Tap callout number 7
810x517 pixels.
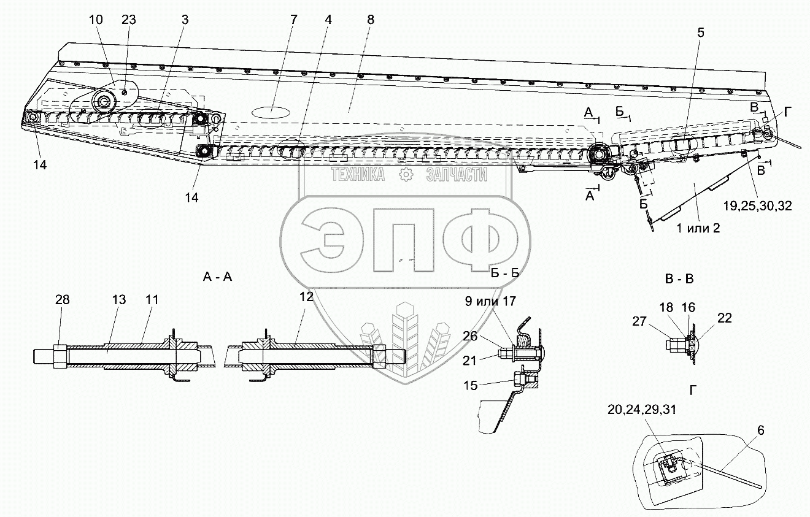[x=293, y=19]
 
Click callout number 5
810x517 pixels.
[x=700, y=52]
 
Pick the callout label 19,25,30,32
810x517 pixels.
[x=757, y=207]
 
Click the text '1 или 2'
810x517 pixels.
[x=698, y=228]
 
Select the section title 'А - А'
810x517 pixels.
[x=217, y=277]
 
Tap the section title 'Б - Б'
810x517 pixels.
[x=504, y=273]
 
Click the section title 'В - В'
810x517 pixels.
[x=679, y=278]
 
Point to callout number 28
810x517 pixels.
[x=62, y=300]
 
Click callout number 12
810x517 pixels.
[x=306, y=296]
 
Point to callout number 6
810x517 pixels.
[x=760, y=431]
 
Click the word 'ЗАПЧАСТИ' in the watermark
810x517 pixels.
[x=456, y=176]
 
